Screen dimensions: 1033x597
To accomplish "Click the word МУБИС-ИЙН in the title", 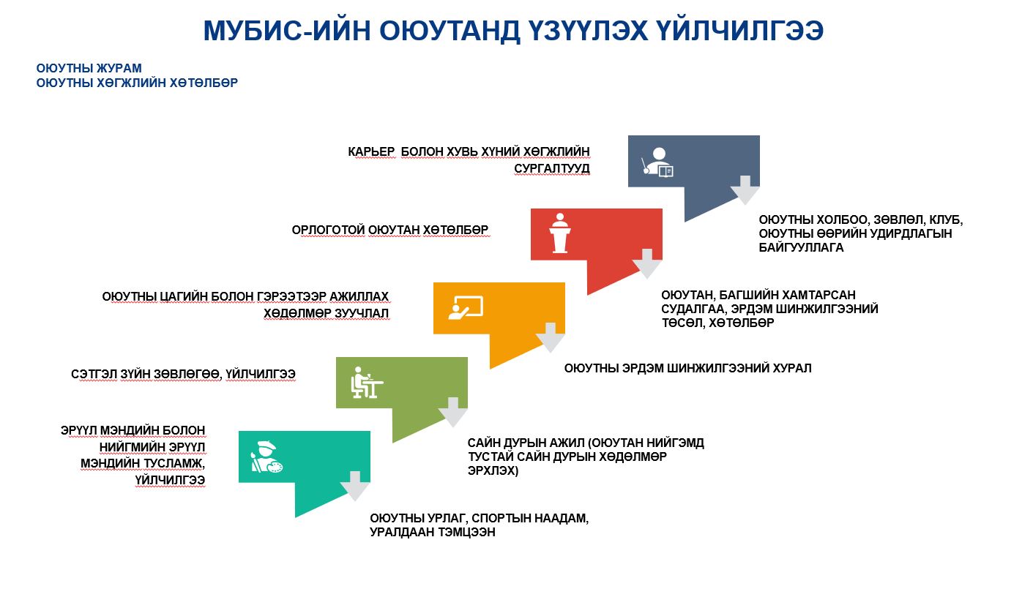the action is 287,31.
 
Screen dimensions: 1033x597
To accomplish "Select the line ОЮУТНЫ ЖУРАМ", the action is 89,68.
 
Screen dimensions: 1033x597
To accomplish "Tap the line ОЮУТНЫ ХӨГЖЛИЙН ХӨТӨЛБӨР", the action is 137,83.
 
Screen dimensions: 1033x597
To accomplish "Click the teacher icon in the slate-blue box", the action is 658,162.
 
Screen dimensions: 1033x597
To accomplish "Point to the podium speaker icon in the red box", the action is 560,233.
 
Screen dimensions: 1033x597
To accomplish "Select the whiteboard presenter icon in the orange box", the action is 466,307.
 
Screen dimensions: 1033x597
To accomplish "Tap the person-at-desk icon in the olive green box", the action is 367,382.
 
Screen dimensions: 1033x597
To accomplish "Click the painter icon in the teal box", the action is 266,457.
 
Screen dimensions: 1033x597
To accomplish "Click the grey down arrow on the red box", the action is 647,263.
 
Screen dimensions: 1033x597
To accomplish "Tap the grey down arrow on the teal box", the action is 355,487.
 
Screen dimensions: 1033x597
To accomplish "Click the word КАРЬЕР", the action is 371,151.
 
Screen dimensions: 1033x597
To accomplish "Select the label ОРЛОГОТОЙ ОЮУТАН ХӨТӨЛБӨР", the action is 390,230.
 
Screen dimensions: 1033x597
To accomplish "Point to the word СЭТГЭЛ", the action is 94,374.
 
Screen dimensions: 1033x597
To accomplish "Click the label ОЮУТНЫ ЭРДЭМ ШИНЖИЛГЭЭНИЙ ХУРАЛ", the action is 687,368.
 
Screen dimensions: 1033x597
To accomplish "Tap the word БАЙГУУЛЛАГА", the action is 801,247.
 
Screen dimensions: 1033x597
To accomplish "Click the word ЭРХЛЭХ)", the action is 493,470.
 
